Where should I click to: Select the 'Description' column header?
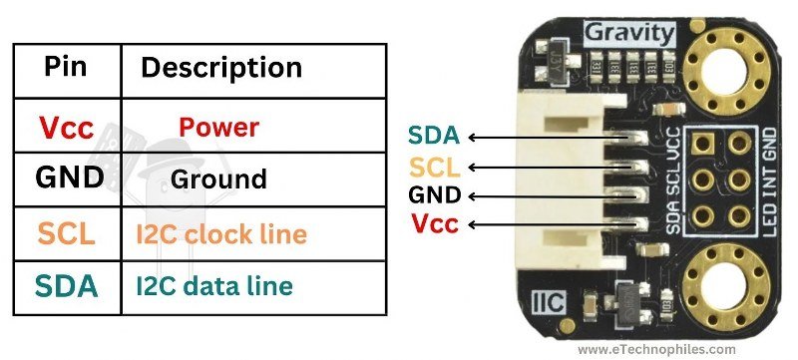pyautogui.click(x=220, y=67)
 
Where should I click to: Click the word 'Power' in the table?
pyautogui.click(x=218, y=128)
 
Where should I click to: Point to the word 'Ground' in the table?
pyautogui.click(x=218, y=180)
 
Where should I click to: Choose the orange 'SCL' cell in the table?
pyautogui.click(x=67, y=234)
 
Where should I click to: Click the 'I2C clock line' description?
pyautogui.click(x=220, y=234)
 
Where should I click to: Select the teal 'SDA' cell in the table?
pyautogui.click(x=67, y=286)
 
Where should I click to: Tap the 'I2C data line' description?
pyautogui.click(x=214, y=286)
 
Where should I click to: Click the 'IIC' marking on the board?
pyautogui.click(x=554, y=298)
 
